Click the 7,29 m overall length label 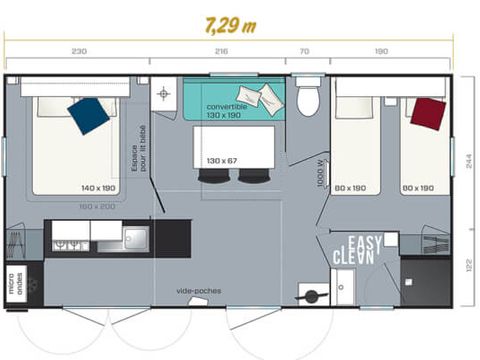pos(230,24)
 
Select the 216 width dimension pos(221,50)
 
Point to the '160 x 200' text pos(97,206)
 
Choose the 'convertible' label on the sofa pos(227,106)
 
